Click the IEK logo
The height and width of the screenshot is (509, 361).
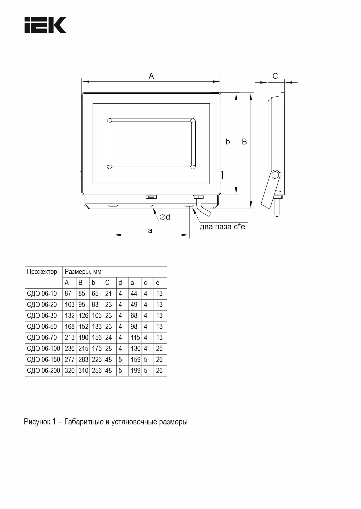click(x=45, y=25)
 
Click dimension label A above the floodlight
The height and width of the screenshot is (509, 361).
click(x=151, y=76)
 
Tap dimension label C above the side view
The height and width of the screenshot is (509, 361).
click(x=275, y=76)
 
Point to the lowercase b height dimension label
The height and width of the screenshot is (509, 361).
click(x=228, y=142)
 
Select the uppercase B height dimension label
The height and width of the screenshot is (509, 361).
click(x=244, y=142)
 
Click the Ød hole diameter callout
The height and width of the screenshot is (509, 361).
click(x=165, y=217)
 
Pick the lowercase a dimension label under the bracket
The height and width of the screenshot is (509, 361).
click(x=150, y=231)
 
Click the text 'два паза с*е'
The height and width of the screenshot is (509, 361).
click(x=222, y=227)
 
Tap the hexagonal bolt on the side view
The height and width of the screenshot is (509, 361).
click(x=275, y=175)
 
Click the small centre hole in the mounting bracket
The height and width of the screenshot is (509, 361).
click(x=151, y=206)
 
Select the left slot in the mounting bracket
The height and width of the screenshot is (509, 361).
click(x=113, y=206)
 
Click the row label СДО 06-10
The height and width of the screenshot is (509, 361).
click(x=42, y=293)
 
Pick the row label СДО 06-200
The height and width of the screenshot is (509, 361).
click(x=43, y=371)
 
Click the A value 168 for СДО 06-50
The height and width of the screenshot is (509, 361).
click(x=69, y=327)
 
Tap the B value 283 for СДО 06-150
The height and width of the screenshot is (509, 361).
click(x=83, y=359)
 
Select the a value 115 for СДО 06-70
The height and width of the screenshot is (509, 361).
click(x=135, y=338)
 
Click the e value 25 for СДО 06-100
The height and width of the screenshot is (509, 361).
click(x=159, y=348)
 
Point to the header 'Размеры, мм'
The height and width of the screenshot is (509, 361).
click(x=83, y=272)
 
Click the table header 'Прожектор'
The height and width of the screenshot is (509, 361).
click(x=42, y=272)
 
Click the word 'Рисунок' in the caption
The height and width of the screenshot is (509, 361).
click(x=37, y=422)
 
